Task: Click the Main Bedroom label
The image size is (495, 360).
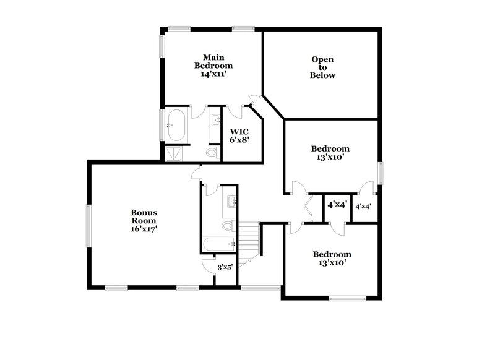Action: pos(213,61)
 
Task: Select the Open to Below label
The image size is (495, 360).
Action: pos(322,67)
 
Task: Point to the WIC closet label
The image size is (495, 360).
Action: pos(239,132)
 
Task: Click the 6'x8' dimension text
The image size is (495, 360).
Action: pos(239,140)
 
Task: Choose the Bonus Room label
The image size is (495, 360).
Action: pos(144,216)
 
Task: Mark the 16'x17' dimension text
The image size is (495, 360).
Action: pos(144,229)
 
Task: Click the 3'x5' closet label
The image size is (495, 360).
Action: pos(225,268)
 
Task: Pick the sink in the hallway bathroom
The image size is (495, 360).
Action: pos(231,201)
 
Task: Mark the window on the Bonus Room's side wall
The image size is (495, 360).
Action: pos(88,225)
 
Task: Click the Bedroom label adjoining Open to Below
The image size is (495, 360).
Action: pos(330,148)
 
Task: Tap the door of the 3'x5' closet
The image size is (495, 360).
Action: pos(208,265)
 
